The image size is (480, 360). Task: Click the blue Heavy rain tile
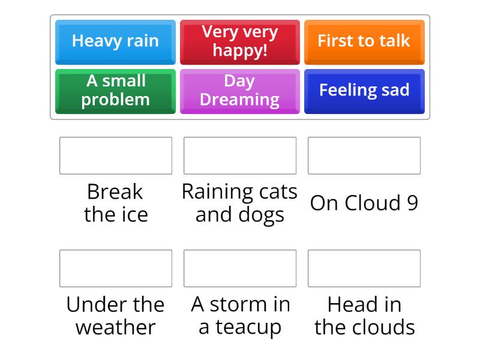click(115, 41)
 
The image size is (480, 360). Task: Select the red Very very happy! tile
click(240, 41)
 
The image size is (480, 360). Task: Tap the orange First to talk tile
click(364, 41)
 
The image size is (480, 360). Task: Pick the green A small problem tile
click(115, 91)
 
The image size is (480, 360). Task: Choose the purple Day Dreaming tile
click(240, 91)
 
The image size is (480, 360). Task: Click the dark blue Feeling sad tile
click(364, 91)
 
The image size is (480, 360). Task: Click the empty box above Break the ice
click(116, 155)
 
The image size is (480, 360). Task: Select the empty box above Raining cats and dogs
click(240, 155)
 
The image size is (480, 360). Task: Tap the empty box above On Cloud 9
click(364, 155)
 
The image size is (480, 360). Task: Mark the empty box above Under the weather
click(116, 268)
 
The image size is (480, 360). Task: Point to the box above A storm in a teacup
click(240, 268)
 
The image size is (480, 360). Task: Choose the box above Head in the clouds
click(364, 268)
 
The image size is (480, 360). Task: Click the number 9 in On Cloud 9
click(412, 203)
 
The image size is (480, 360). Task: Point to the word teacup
click(248, 328)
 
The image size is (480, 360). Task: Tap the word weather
click(116, 328)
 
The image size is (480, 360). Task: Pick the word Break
click(115, 192)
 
